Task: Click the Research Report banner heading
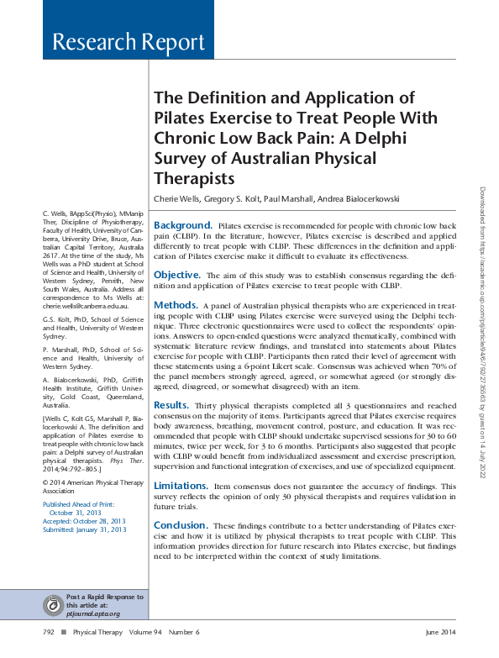tap(128, 42)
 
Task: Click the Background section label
tap(182, 226)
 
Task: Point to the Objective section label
tap(176, 275)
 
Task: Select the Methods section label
tap(176, 304)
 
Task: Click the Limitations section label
tap(181, 486)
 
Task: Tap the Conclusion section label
tap(180, 525)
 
